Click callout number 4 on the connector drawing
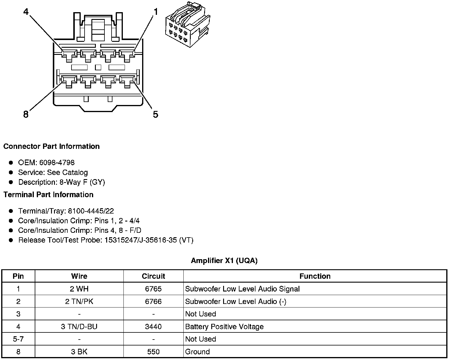pyautogui.click(x=26, y=12)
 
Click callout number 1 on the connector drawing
pyautogui.click(x=155, y=12)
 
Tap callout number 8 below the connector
pyautogui.click(x=26, y=114)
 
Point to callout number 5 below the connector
pyautogui.click(x=155, y=114)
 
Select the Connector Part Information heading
pyautogui.click(x=51, y=146)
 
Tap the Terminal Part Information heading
pyautogui.click(x=48, y=195)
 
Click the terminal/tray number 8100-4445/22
pyautogui.click(x=91, y=211)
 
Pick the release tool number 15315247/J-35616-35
pyautogui.click(x=140, y=240)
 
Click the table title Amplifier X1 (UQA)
pyautogui.click(x=224, y=261)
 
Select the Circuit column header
pyautogui.click(x=153, y=276)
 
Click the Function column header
pyautogui.click(x=315, y=276)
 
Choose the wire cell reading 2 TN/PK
pyautogui.click(x=79, y=302)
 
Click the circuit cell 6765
pyautogui.click(x=153, y=289)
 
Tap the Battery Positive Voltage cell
pyautogui.click(x=224, y=327)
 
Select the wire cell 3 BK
pyautogui.click(x=79, y=352)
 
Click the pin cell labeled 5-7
pyautogui.click(x=18, y=339)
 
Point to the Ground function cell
pyautogui.click(x=197, y=352)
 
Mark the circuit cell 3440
pyautogui.click(x=153, y=327)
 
